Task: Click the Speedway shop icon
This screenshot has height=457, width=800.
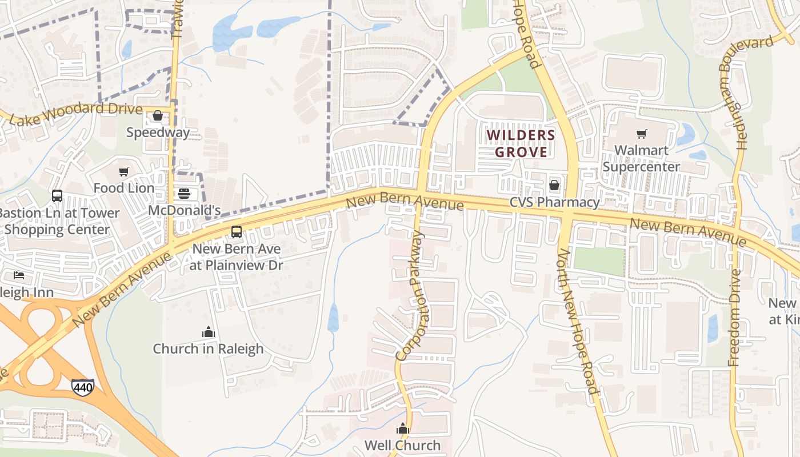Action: click(x=158, y=116)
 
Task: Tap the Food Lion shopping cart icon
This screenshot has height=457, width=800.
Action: click(x=123, y=171)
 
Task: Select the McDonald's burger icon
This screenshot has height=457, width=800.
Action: click(x=183, y=193)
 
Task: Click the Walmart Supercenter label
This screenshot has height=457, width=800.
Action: click(x=641, y=158)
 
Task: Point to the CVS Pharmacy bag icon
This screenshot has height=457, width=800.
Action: click(x=554, y=185)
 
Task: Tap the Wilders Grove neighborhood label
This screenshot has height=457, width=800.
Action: click(x=521, y=143)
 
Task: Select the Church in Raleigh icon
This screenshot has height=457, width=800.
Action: click(x=208, y=332)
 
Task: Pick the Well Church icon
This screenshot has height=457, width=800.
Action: click(x=403, y=428)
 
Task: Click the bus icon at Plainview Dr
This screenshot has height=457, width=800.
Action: click(x=236, y=232)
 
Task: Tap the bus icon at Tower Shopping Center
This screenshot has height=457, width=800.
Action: click(x=57, y=196)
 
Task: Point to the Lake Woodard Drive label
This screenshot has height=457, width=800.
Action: click(x=76, y=114)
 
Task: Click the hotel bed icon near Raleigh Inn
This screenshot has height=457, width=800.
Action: click(x=19, y=275)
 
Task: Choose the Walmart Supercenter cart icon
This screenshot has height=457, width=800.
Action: click(x=641, y=134)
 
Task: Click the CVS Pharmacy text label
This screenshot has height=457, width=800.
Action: click(x=554, y=202)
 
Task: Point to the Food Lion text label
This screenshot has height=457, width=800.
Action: click(x=124, y=188)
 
